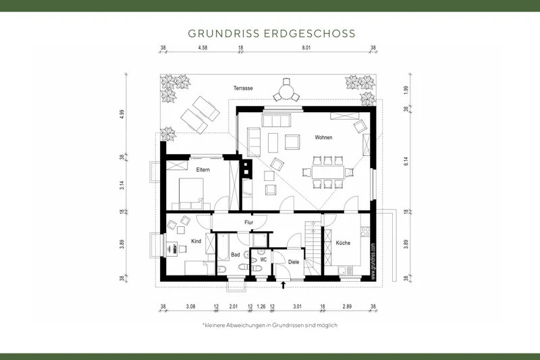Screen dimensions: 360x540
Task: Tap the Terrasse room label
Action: point(243,88)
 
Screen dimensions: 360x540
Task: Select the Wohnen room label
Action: point(323,137)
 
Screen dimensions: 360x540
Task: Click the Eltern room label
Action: point(202,170)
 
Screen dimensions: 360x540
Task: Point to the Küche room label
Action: point(343,242)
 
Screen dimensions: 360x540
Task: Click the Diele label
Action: point(293,261)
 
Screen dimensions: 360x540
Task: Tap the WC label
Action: point(264,258)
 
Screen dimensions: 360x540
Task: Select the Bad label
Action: point(235,255)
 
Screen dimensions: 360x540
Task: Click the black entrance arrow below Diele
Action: point(283,286)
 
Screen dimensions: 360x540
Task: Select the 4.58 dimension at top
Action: point(202,49)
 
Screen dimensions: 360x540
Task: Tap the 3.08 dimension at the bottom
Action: point(190,306)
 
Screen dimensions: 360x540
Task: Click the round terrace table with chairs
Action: point(286,90)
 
